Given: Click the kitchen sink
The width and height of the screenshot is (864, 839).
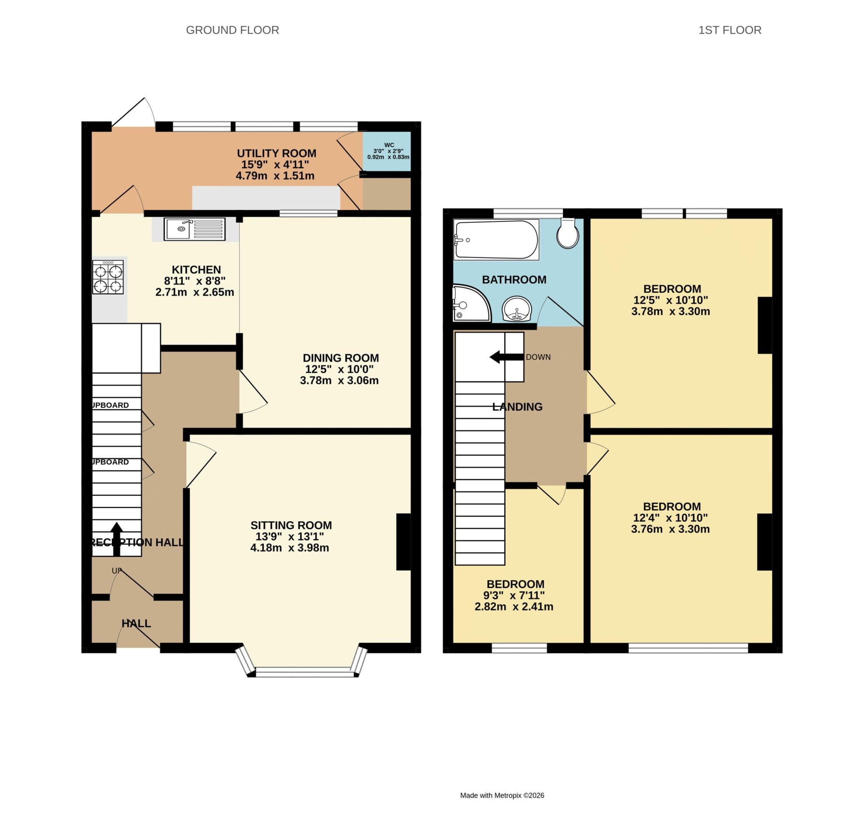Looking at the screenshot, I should (195, 229).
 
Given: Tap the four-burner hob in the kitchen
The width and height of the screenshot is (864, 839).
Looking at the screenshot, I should (108, 277).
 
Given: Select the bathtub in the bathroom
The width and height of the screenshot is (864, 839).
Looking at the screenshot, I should (496, 240).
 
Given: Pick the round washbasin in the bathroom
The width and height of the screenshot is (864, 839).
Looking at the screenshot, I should (517, 309).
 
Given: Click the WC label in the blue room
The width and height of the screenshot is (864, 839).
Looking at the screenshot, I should (389, 145).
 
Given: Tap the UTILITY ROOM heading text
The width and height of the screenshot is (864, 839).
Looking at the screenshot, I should (276, 153).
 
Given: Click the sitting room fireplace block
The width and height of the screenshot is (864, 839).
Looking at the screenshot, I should (403, 541).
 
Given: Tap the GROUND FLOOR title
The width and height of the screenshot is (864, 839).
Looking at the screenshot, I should (232, 30).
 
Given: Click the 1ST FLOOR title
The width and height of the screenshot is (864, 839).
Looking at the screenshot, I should (730, 30).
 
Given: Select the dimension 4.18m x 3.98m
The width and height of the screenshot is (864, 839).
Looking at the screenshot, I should (289, 548).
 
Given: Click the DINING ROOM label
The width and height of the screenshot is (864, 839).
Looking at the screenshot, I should (340, 358).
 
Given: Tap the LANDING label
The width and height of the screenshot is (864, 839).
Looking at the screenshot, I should (517, 407).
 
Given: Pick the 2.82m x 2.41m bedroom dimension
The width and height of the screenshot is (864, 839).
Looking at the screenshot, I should (514, 607).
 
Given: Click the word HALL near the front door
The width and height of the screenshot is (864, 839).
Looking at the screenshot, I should (136, 624).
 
